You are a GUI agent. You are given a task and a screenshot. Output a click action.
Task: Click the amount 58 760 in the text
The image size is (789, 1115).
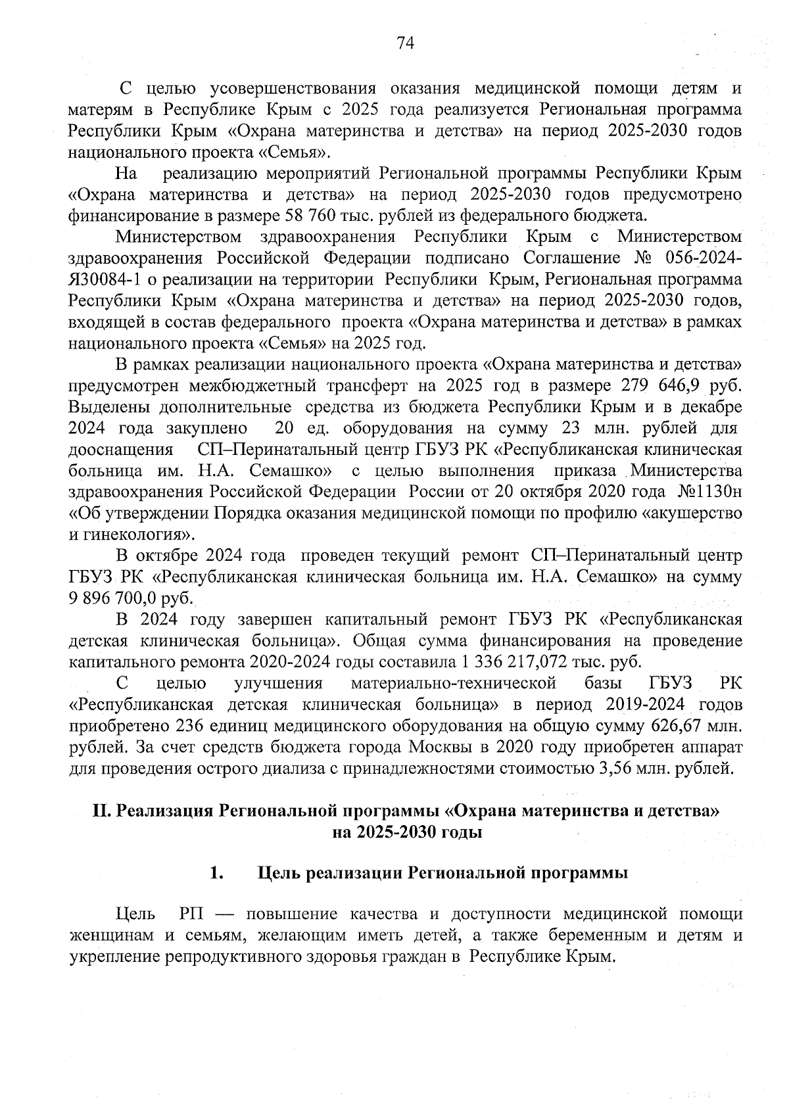point(311,216)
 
